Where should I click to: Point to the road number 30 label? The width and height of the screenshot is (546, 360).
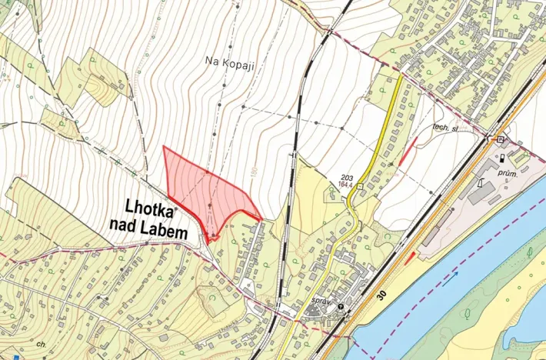[x=383, y=294]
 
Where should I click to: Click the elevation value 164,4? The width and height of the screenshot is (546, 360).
[x=345, y=185]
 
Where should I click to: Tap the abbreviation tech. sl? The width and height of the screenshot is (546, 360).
[x=444, y=128]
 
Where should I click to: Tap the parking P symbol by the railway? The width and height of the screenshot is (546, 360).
[x=501, y=139]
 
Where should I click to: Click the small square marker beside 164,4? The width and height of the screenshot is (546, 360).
[x=359, y=185]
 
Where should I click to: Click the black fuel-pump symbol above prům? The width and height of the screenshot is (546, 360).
[x=502, y=158]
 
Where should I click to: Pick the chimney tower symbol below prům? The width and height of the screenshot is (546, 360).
[x=480, y=185]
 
